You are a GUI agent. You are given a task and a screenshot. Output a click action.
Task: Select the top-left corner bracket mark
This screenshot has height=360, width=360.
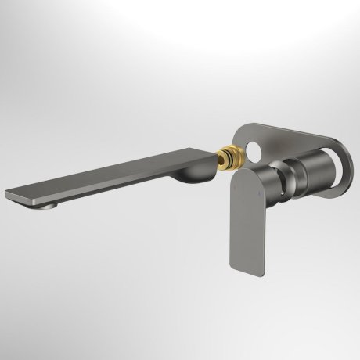point(6,6)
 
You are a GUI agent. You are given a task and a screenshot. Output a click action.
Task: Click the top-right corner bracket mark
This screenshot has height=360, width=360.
point(354,6)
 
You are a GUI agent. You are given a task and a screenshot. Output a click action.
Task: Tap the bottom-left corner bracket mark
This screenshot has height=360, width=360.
point(6,354)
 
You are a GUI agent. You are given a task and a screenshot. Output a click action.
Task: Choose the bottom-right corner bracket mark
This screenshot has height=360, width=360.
point(354,354)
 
